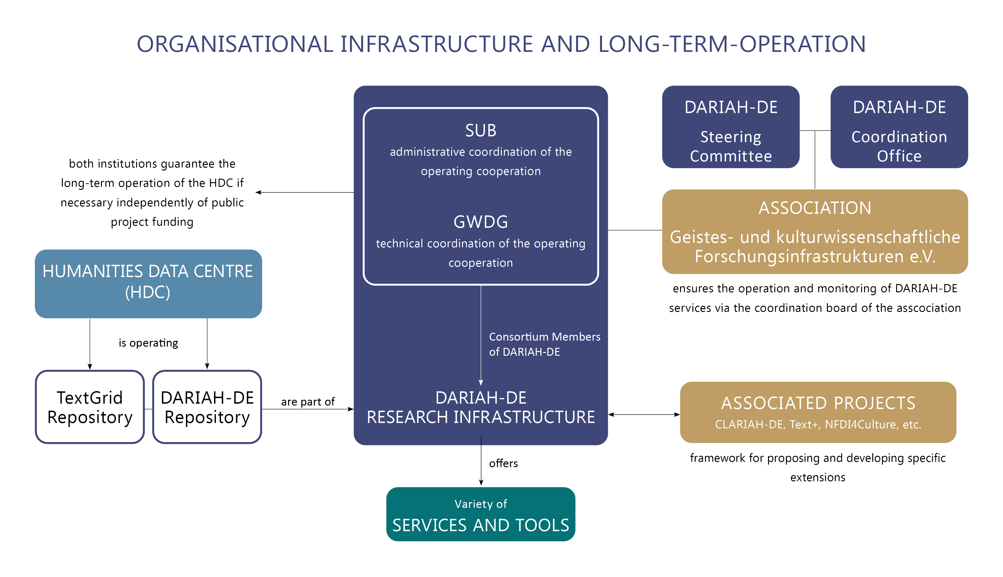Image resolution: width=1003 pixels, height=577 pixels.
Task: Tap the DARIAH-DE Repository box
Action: pos(207,407)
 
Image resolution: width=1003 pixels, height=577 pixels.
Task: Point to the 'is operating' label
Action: pos(148,343)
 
